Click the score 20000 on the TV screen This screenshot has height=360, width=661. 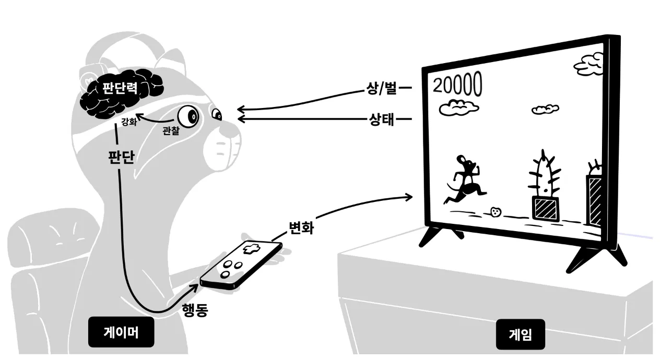pyautogui.click(x=456, y=85)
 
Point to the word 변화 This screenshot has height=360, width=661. pyautogui.click(x=301, y=227)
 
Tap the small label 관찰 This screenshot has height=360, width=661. pyautogui.click(x=170, y=131)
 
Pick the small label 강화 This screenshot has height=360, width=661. pyautogui.click(x=128, y=123)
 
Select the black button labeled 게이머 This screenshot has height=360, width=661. pyautogui.click(x=121, y=332)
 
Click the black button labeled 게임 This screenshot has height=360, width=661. pyautogui.click(x=520, y=334)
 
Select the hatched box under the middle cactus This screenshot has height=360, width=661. pyautogui.click(x=545, y=208)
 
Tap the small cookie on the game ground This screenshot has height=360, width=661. pyautogui.click(x=495, y=211)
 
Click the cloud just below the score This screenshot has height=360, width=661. pyautogui.click(x=458, y=107)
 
